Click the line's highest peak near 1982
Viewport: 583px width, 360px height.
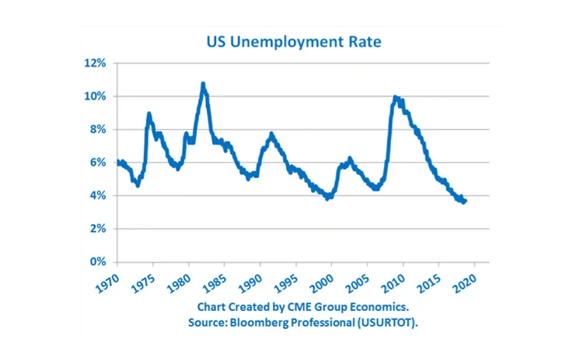203,84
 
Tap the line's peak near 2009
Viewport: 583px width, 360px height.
396,97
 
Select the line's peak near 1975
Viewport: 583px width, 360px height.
149,114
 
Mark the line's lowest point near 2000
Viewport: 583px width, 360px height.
328,197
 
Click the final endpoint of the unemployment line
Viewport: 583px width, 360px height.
465,201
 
